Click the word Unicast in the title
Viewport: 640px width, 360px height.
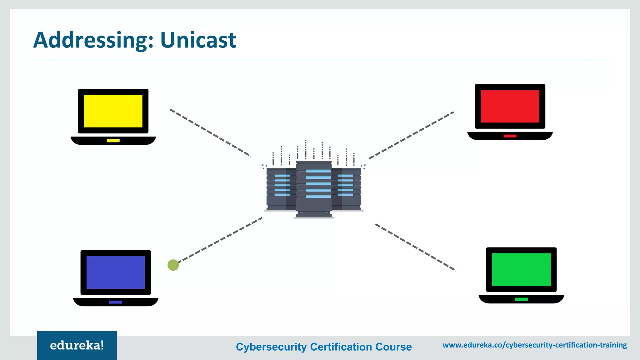tap(198, 40)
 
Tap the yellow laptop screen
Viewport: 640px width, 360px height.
tap(113, 111)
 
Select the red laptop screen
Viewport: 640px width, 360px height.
tap(510, 106)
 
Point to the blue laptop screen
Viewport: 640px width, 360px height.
tap(116, 272)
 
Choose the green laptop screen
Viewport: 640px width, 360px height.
tap(521, 269)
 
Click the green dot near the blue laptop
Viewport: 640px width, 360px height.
tap(173, 265)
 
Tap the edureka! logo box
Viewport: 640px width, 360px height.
tap(77, 345)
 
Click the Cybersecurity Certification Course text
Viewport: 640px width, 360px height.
tap(324, 347)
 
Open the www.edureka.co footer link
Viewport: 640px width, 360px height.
tap(535, 345)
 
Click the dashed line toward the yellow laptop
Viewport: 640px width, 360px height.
tap(210, 132)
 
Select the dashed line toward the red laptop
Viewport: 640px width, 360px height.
tap(411, 135)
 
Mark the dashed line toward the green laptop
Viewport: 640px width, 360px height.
tap(416, 247)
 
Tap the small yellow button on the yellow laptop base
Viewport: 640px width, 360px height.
tap(113, 141)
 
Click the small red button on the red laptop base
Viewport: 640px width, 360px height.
tap(510, 136)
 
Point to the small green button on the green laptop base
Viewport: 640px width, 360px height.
tap(521, 299)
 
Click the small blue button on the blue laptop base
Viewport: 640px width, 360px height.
tap(116, 302)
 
